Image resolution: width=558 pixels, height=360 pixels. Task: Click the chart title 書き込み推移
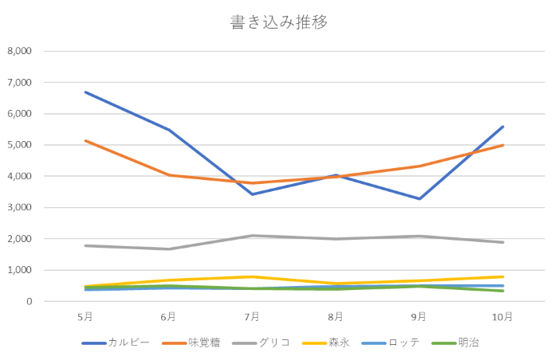tap(279, 22)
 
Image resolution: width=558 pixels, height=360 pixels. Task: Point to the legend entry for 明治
tap(469, 343)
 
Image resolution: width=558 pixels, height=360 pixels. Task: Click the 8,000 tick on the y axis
tap(18, 51)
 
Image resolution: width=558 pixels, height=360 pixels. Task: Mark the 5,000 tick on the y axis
tap(18, 145)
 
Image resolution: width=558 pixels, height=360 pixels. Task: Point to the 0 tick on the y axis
tap(28, 302)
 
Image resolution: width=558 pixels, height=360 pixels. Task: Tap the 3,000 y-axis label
tap(18, 208)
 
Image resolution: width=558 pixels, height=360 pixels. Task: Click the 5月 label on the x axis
tap(85, 317)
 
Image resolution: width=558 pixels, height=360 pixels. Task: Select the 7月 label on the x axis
tap(253, 317)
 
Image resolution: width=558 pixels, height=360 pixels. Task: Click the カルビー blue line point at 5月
tap(85, 92)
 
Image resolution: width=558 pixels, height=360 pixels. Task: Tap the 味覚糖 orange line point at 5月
tap(85, 140)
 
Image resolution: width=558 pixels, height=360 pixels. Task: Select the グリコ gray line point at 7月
tap(253, 236)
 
